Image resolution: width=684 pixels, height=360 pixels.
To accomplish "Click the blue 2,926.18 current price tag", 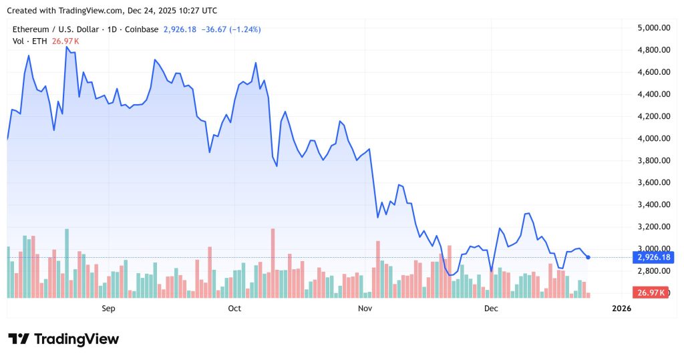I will click(654, 257).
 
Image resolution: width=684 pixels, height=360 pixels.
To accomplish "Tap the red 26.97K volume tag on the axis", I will click(651, 293).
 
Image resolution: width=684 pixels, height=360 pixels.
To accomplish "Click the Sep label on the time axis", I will click(108, 308).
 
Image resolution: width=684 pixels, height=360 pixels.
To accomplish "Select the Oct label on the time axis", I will click(234, 308).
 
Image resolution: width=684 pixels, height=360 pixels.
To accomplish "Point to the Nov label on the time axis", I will click(365, 308).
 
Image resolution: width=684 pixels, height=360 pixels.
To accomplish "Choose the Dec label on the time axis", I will click(491, 308).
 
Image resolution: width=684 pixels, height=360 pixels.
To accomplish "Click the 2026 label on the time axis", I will click(621, 308).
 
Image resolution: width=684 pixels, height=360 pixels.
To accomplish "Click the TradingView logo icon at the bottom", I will click(19, 339).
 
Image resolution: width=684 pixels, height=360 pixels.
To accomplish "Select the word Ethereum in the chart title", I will click(31, 29).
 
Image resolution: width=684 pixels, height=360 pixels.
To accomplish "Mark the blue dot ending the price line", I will click(588, 257).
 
